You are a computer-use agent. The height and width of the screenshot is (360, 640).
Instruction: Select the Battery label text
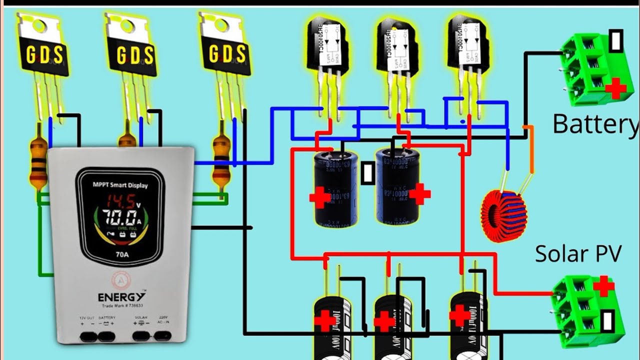coord(595,123)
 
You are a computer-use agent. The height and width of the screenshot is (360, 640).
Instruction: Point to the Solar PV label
coord(578,254)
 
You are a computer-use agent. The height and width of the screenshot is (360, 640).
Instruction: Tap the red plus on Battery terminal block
coord(615,89)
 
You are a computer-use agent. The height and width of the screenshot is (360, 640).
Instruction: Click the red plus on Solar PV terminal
coord(603,286)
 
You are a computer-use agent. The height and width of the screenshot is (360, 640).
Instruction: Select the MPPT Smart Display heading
coord(119,185)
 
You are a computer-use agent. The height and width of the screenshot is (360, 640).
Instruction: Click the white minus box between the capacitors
coord(368,173)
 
